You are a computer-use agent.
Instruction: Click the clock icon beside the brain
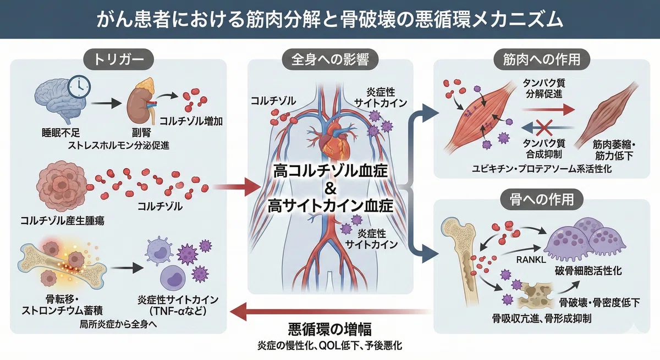(x=79, y=87)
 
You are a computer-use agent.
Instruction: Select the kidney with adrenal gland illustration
(x=141, y=102)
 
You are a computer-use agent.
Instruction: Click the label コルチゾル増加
(x=191, y=121)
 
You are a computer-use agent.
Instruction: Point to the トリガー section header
(x=118, y=60)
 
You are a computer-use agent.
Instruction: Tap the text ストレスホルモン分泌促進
(x=118, y=145)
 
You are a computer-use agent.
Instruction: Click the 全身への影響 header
(x=330, y=60)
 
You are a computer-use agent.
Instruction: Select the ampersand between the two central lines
(x=331, y=189)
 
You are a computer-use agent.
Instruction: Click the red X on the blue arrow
(x=544, y=128)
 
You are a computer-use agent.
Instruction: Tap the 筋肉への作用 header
(x=542, y=60)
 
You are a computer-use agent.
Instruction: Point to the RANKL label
(x=531, y=259)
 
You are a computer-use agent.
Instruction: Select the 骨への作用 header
(x=542, y=200)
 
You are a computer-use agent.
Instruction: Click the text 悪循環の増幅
(x=329, y=329)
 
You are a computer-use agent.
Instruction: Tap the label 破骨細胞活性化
(x=588, y=271)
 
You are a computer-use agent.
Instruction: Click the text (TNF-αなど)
(x=178, y=311)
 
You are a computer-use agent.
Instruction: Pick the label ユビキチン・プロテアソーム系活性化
(x=542, y=169)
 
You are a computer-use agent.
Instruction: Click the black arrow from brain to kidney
(x=106, y=103)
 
